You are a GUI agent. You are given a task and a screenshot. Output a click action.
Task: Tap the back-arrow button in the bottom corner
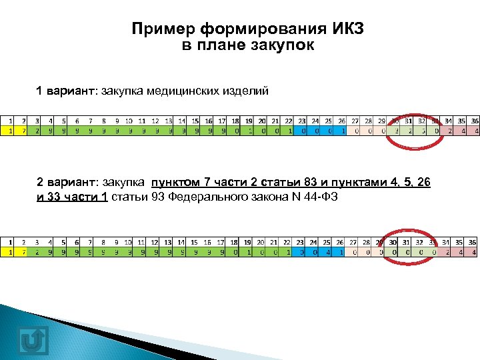pyautogui.click(x=33, y=339)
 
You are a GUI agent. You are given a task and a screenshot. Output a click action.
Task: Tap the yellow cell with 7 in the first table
pyautogui.click(x=24, y=131)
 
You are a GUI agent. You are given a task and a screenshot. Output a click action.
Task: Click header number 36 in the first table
pyautogui.click(x=475, y=121)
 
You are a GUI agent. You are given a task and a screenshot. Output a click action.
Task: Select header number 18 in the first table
pyautogui.click(x=235, y=121)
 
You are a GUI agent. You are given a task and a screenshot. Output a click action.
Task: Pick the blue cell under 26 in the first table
pyautogui.click(x=342, y=131)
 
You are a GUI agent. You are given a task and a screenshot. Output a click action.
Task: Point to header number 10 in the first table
pyautogui.click(x=129, y=121)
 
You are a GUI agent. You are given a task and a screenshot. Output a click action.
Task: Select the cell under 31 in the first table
pyautogui.click(x=409, y=131)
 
